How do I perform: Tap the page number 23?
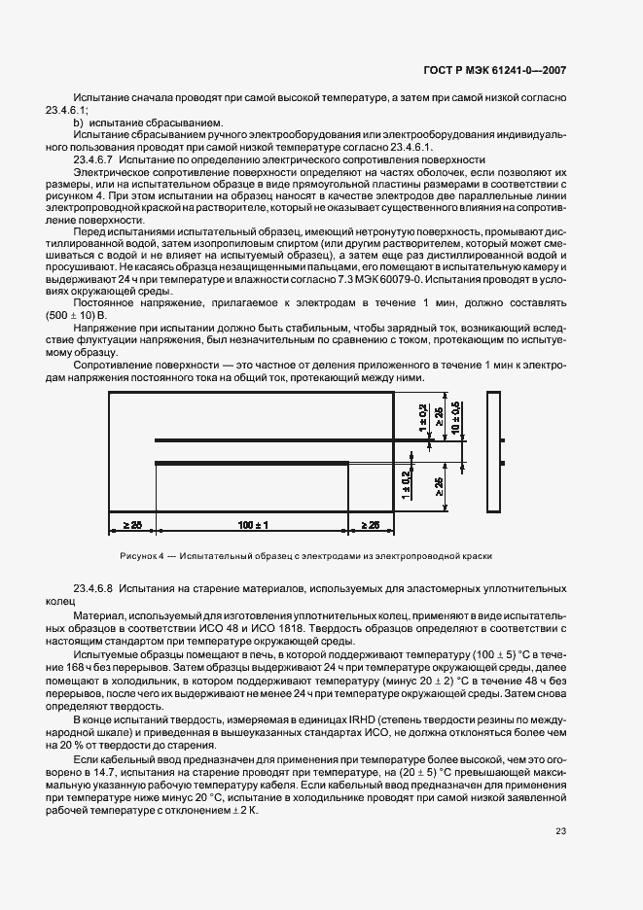point(560,830)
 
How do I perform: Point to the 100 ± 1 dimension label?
point(253,525)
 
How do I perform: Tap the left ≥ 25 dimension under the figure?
point(132,525)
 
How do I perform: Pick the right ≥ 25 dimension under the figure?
point(372,525)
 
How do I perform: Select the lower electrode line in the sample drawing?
point(253,461)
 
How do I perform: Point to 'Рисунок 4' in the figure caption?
point(143,556)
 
